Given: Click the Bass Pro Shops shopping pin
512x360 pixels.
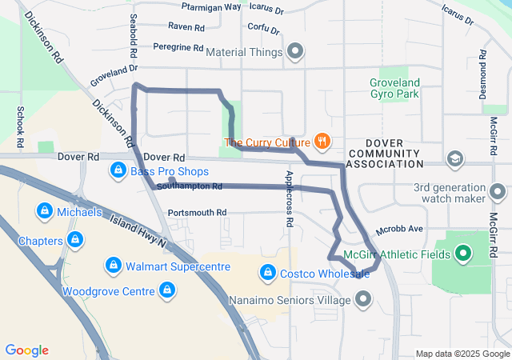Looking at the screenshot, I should pos(118,170).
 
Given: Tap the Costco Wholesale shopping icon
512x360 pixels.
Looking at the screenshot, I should pos(267,273).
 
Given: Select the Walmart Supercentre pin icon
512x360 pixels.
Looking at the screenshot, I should pos(113,266).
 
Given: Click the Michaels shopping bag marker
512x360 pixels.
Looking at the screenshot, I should pos(45,212).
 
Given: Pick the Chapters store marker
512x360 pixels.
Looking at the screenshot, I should pos(74,240).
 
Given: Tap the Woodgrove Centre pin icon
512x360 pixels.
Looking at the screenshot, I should pos(167,290).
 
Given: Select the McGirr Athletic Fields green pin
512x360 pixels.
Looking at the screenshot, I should pos(462,255).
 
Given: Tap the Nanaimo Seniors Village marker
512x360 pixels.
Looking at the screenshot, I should pos(363,300).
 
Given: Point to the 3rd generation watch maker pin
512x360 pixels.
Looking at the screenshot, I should pos(498,193).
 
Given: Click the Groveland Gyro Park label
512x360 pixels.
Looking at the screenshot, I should pos(395,88).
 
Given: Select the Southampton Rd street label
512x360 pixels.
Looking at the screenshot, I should pos(190,186).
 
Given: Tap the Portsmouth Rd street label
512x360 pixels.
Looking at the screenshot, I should pos(198,213).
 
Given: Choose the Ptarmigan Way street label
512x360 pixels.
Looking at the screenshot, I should pos(211,6).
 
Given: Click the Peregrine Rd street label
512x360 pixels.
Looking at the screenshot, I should pos(178,48).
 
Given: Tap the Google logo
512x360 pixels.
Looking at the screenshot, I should pos(26,350).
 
